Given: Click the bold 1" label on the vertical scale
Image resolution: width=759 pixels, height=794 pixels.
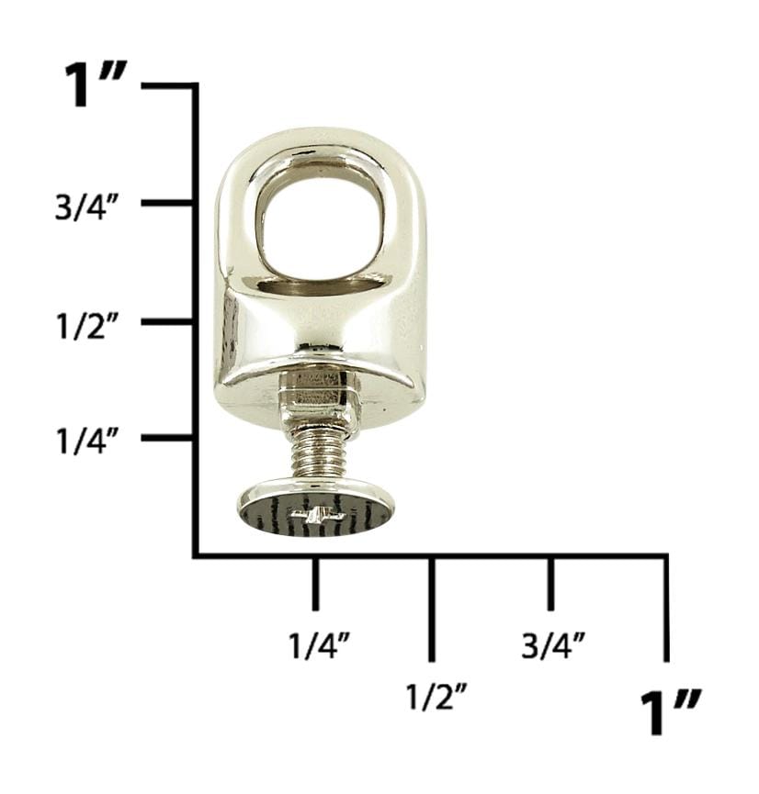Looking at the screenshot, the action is click(x=95, y=84).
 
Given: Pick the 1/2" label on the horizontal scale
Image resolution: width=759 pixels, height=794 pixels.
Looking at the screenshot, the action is click(x=435, y=696).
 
